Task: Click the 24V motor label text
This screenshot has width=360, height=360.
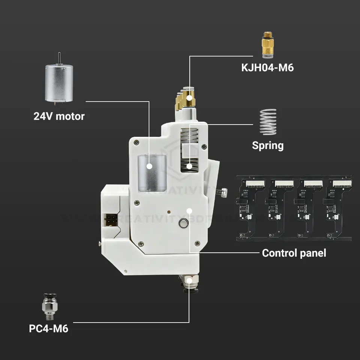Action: [x=59, y=116]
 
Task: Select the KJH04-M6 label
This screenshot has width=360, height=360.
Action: [x=267, y=68]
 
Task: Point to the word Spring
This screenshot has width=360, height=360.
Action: [x=267, y=145]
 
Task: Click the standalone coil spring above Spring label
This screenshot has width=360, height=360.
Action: [x=268, y=122]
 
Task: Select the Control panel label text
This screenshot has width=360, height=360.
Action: [x=294, y=253]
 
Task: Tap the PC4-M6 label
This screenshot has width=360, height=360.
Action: [x=49, y=329]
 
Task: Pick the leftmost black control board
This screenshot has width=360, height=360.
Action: [x=251, y=208]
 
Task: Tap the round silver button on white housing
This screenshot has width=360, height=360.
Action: [x=184, y=223]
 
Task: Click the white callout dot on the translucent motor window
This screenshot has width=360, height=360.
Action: [x=149, y=165]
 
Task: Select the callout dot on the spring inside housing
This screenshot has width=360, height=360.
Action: [x=190, y=166]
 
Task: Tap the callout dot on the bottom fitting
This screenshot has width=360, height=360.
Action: [x=190, y=280]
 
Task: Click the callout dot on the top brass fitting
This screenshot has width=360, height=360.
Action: [x=190, y=98]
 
